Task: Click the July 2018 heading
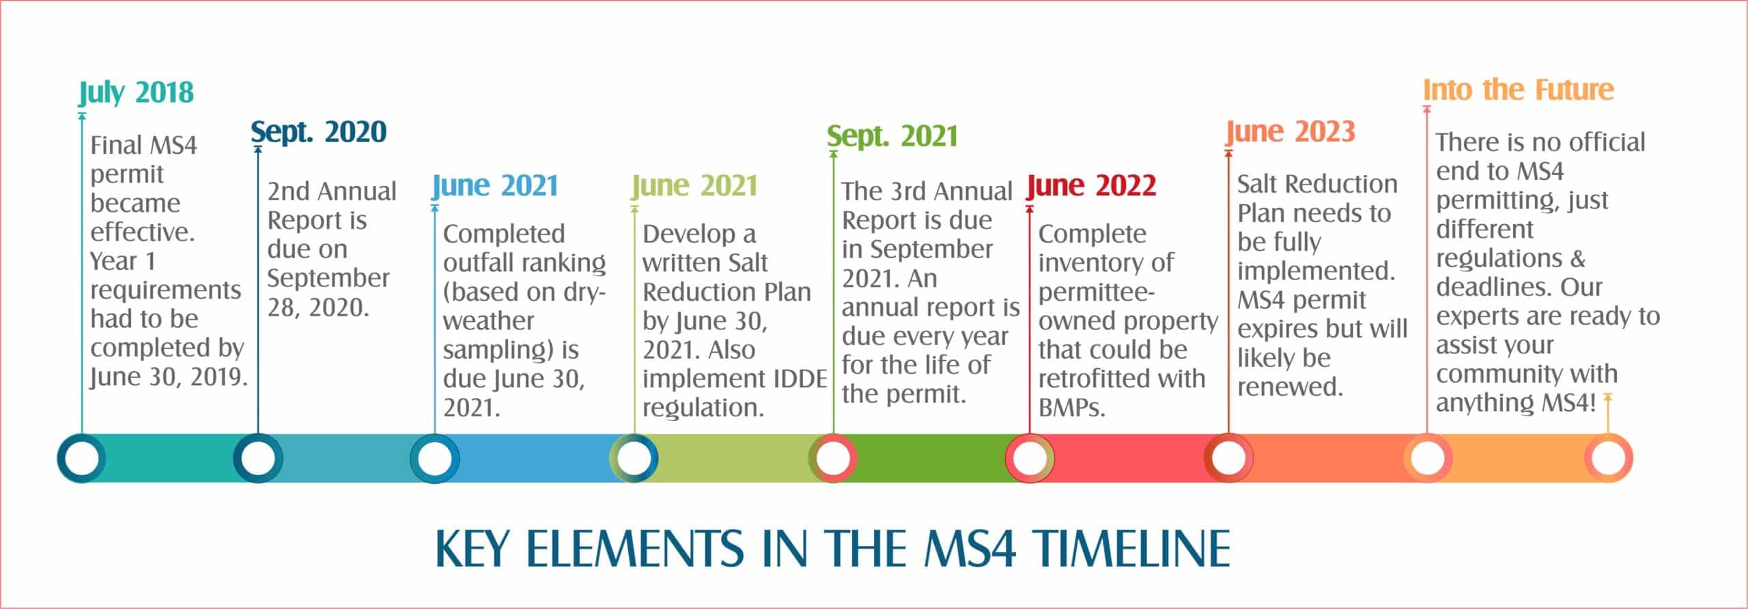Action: click(137, 93)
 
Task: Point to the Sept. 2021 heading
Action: click(892, 137)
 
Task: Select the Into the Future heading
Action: click(1519, 90)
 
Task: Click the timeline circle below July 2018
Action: click(82, 458)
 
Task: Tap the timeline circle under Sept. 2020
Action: click(258, 458)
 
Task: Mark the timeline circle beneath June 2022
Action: click(1030, 458)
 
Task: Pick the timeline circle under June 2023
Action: click(1228, 458)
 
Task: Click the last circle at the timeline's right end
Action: click(1608, 458)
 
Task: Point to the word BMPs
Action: click(1071, 408)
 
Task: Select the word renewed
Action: click(1290, 388)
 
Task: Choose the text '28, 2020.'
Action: click(318, 308)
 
